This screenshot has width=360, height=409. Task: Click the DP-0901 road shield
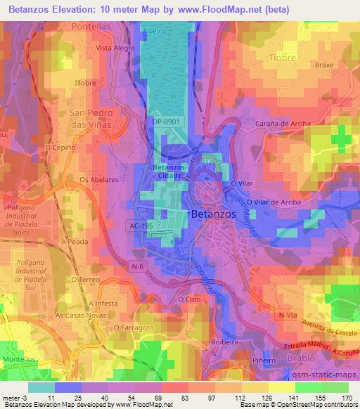pos(165,122)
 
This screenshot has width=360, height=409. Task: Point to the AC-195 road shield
pos(141,226)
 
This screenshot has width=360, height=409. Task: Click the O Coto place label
pos(189,299)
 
